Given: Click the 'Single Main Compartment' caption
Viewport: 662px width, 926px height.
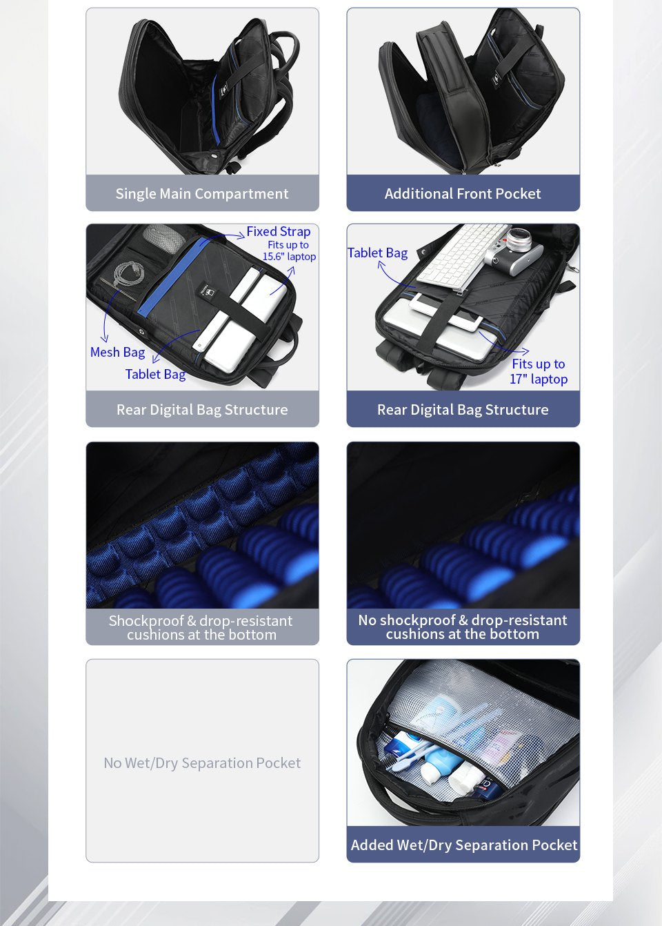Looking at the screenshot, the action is [x=202, y=193].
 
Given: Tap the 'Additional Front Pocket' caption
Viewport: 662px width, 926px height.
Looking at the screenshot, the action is [x=463, y=193].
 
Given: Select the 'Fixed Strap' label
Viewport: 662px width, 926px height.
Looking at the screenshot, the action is [x=279, y=232].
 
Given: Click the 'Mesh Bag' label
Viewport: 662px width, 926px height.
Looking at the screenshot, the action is [x=118, y=352].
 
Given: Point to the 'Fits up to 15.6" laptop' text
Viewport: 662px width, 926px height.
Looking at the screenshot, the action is [x=289, y=250].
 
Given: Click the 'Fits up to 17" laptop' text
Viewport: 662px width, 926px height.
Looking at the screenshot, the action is [x=539, y=371].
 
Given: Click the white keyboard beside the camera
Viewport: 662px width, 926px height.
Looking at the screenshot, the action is [x=463, y=256].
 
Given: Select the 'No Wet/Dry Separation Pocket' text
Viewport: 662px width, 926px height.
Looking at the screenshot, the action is [x=202, y=762].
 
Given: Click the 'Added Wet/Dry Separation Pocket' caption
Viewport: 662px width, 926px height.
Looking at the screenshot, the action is [x=463, y=845].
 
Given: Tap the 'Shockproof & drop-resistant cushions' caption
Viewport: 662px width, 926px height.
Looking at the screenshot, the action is [x=201, y=627].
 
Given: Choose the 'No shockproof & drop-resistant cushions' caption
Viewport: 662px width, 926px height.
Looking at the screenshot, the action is [x=463, y=627].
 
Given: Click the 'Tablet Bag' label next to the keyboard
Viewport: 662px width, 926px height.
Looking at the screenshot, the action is [x=377, y=253].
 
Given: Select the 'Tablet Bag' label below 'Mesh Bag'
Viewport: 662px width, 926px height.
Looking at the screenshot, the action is [x=155, y=374].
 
